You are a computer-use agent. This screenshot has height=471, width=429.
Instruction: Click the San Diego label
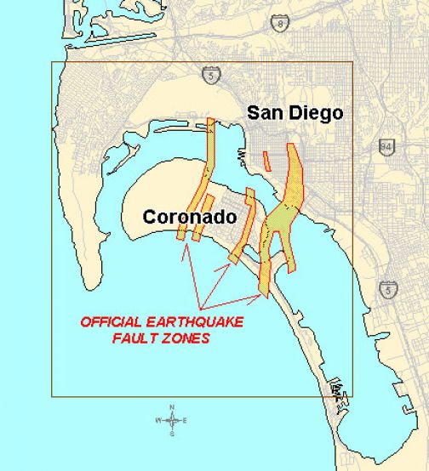click(x=294, y=112)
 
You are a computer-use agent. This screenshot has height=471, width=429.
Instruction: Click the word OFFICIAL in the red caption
click(x=110, y=322)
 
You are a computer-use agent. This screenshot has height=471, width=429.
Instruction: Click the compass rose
click(x=172, y=420)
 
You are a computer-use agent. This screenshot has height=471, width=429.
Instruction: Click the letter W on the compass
click(x=158, y=421)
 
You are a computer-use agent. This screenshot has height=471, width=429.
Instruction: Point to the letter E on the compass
click(x=186, y=421)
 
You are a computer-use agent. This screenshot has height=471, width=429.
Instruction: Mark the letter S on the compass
click(x=172, y=434)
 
